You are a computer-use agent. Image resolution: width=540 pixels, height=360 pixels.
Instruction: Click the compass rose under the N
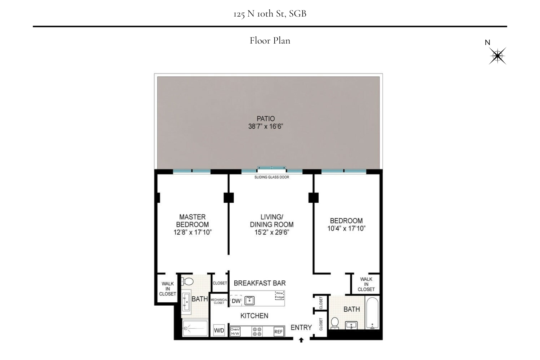pyautogui.click(x=498, y=56)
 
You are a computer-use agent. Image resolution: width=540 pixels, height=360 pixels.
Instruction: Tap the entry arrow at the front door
pyautogui.click(x=301, y=340)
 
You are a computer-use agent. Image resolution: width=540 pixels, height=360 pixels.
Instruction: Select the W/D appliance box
pyautogui.click(x=219, y=330)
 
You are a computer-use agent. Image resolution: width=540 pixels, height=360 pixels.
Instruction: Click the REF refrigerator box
pyautogui.click(x=279, y=332)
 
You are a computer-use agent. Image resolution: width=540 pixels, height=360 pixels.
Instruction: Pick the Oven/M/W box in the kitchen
pyautogui.click(x=235, y=332)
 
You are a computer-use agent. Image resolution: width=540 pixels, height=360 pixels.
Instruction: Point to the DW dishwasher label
pyautogui.click(x=236, y=301)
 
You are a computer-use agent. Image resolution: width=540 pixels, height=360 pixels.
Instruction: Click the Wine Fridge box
pyautogui.click(x=279, y=295)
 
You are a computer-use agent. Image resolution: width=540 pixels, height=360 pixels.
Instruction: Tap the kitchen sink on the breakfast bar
pyautogui.click(x=249, y=300)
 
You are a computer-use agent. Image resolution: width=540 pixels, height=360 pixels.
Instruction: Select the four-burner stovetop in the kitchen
pyautogui.click(x=257, y=332)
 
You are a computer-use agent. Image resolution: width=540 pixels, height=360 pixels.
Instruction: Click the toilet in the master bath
pyautogui.click(x=187, y=281)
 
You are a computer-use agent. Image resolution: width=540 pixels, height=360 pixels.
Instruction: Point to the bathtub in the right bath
pyautogui.click(x=372, y=313)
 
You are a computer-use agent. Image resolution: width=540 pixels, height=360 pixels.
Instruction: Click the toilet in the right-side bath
pyautogui.click(x=334, y=323)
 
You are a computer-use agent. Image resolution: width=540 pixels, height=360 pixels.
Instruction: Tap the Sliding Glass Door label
pyautogui.click(x=271, y=177)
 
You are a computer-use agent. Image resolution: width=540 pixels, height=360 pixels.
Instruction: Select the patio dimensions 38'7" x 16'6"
pyautogui.click(x=265, y=126)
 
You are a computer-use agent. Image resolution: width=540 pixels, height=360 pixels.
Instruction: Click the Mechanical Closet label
pyautogui.click(x=219, y=301)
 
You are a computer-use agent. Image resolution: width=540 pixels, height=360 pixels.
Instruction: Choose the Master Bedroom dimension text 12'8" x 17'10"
pyautogui.click(x=192, y=232)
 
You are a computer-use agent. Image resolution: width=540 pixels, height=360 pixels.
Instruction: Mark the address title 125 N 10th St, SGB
pyautogui.click(x=270, y=14)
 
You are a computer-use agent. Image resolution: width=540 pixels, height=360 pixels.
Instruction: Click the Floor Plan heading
pyautogui.click(x=270, y=40)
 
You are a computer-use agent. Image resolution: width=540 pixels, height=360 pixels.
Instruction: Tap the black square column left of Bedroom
pyautogui.click(x=313, y=198)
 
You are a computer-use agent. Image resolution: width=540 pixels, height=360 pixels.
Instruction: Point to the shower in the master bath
pyautogui.click(x=195, y=328)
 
